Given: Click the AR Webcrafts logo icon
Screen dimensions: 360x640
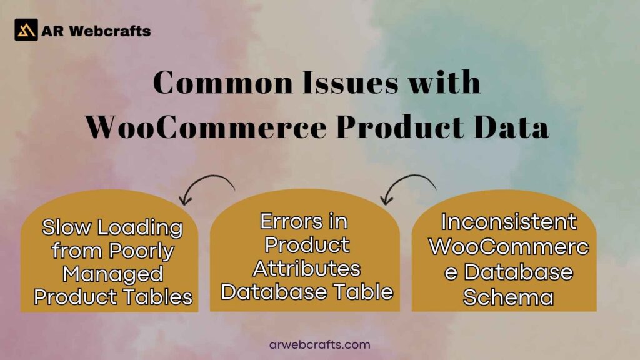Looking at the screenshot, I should (26, 29).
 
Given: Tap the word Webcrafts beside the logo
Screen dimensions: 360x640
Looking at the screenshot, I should (110, 30).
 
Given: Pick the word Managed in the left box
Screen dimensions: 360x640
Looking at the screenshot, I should (113, 274).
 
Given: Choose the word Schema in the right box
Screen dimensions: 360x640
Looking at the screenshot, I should (508, 296).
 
